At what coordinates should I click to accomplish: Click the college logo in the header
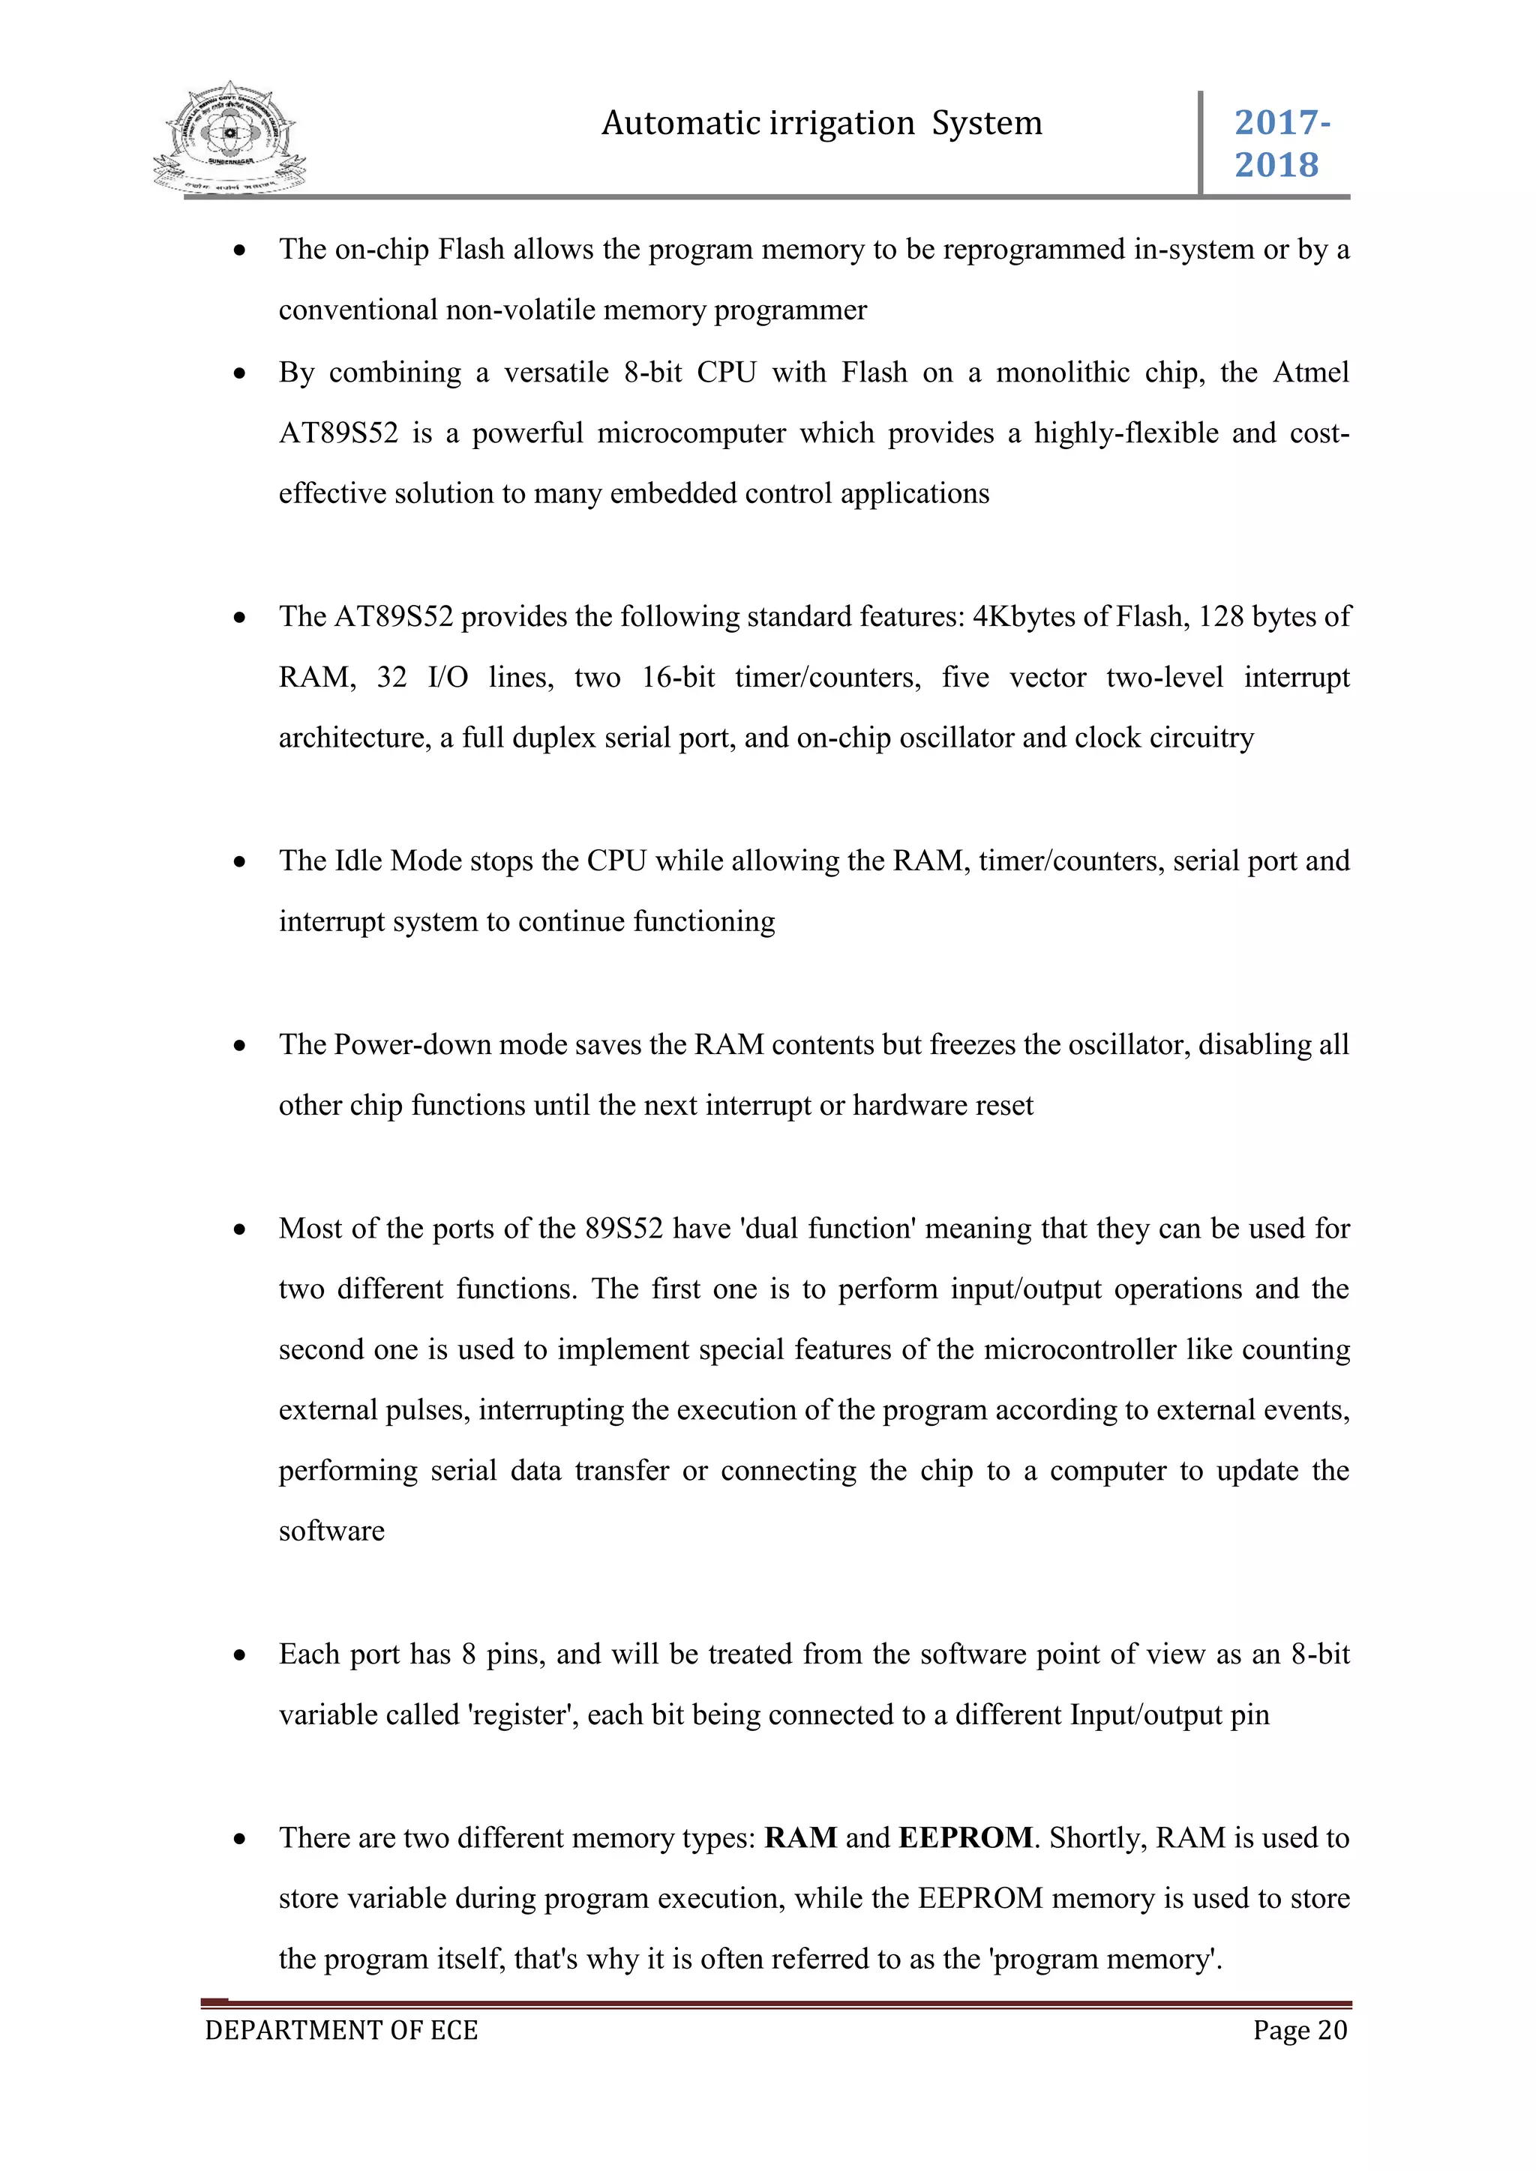pos(229,139)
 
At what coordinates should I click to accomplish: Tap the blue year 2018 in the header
pos(1276,166)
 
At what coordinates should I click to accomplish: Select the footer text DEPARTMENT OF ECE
pos(341,2030)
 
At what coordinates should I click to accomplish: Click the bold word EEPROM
pos(966,1837)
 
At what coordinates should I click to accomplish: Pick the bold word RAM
pos(800,1837)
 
